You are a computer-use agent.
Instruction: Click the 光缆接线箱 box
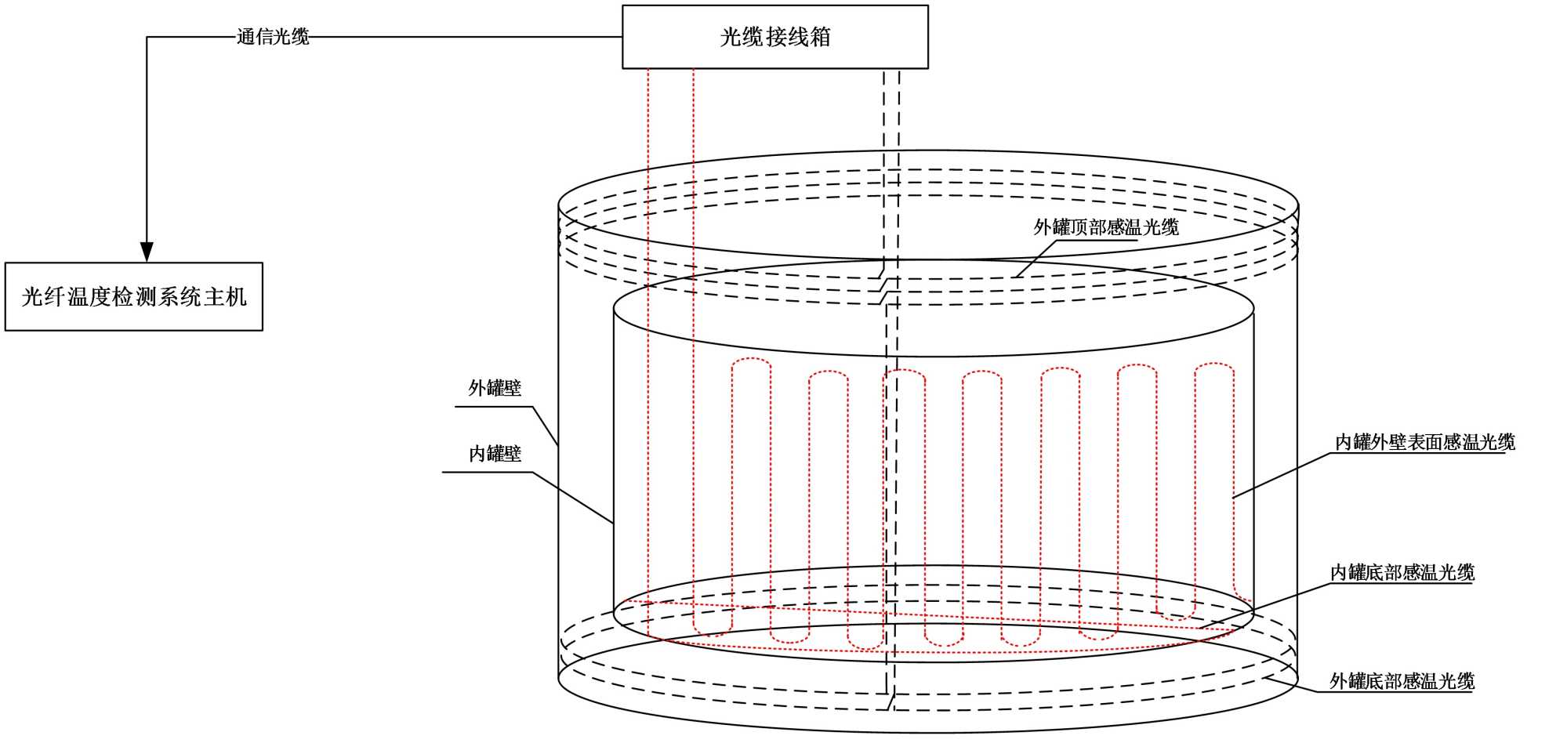(774, 37)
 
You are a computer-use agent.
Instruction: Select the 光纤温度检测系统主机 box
(133, 296)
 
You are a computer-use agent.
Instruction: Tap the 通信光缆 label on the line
(273, 37)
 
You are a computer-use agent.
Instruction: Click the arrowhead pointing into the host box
(147, 251)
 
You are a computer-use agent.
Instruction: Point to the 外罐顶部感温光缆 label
(1105, 227)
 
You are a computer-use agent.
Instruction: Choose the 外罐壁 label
(495, 388)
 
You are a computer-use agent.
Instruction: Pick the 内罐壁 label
(495, 454)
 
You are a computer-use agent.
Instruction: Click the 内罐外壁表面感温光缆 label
(1424, 442)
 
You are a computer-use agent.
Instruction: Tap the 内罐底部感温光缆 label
(1402, 573)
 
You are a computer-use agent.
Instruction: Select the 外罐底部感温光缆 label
(1402, 681)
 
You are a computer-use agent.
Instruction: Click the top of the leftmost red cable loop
(751, 361)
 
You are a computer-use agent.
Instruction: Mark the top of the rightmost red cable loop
(1214, 365)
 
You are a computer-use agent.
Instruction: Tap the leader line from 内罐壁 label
(572, 497)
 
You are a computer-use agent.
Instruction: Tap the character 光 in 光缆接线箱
(730, 37)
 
